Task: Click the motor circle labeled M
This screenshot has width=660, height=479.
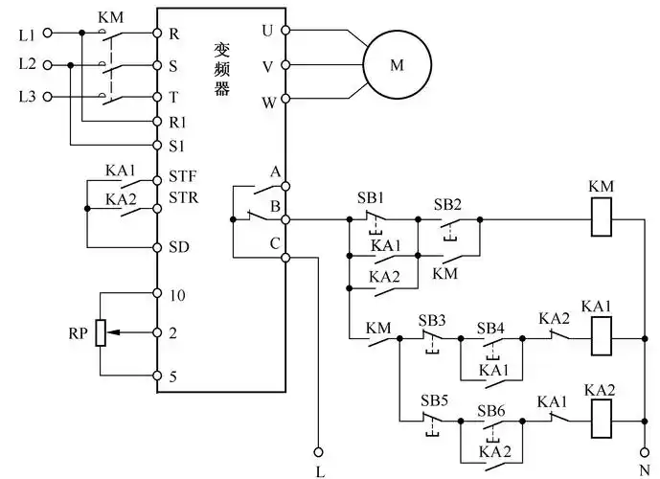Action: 397,66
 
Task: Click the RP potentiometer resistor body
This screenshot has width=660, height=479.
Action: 100,333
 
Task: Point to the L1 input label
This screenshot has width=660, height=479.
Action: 27,34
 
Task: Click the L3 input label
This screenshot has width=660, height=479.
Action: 27,99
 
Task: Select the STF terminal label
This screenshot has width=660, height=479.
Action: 182,176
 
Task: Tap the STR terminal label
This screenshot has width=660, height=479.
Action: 182,198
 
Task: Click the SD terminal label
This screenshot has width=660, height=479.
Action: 179,246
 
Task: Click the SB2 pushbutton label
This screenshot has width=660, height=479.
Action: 447,204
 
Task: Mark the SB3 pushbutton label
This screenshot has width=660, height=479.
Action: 434,318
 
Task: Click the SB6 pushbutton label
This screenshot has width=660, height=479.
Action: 491,409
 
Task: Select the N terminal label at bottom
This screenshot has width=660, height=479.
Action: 646,470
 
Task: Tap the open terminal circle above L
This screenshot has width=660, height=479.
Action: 320,449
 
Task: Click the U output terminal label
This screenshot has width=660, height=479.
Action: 267,31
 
